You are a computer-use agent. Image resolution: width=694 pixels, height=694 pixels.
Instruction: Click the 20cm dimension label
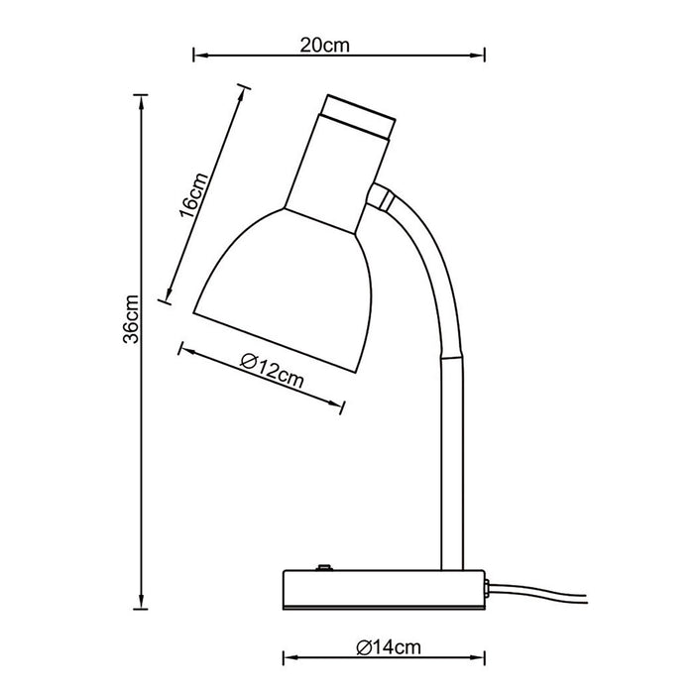(x=325, y=46)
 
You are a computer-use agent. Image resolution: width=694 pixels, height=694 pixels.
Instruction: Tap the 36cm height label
(x=132, y=318)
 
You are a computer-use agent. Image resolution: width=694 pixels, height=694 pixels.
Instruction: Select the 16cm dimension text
(x=193, y=195)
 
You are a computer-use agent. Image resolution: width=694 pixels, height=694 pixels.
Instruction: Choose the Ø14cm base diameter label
(x=389, y=647)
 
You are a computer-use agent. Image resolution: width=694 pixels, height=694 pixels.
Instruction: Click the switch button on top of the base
(x=324, y=567)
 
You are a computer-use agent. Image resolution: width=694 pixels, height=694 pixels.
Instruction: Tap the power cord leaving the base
(x=537, y=592)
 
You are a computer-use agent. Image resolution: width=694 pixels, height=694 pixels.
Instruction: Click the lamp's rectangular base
(x=384, y=589)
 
